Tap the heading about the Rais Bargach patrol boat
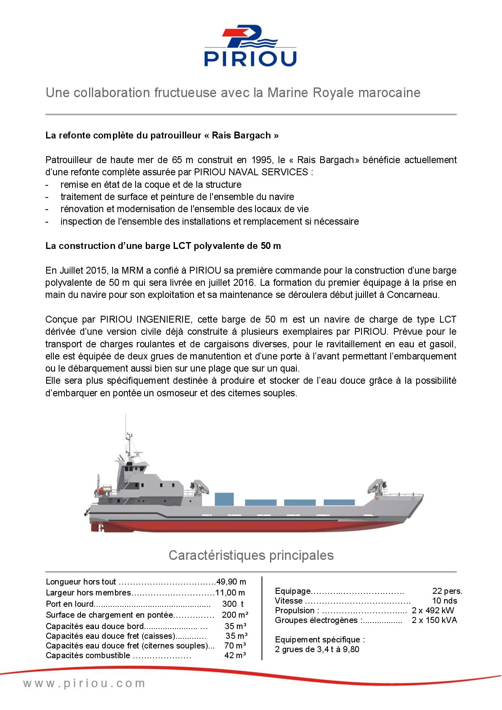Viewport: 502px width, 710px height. coord(162,135)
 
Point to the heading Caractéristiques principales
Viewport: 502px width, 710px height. coord(251,555)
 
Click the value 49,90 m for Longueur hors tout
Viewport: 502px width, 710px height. coord(231,582)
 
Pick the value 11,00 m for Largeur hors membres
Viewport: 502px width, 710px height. coord(230,593)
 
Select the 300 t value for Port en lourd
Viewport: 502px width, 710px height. coord(233,604)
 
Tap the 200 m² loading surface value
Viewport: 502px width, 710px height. coord(235,614)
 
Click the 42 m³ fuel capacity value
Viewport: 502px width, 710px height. coord(235,655)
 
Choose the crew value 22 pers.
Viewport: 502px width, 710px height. coord(447,591)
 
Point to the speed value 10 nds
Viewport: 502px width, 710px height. coord(445,601)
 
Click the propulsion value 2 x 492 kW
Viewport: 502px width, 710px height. coord(433,610)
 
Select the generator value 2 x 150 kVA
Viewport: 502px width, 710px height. coord(434,620)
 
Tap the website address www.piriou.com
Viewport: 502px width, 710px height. coord(84,684)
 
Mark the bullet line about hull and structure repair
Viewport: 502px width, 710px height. coord(151,185)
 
